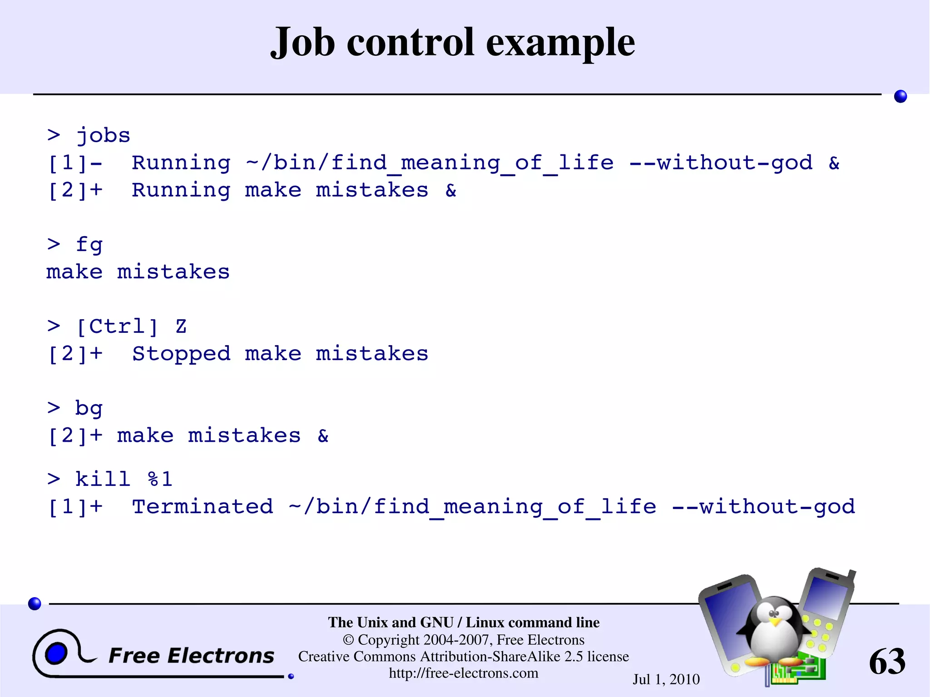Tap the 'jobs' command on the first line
coord(103,136)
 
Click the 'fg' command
coord(89,245)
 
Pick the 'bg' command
coord(89,409)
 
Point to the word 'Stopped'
coord(181,354)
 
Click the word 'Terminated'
coord(203,507)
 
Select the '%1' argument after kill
coord(160,479)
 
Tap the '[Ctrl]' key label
coord(117,327)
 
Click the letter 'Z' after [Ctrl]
coord(181,327)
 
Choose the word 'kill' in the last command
coord(103,479)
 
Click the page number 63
coord(887,662)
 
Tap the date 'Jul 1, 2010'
coord(666,679)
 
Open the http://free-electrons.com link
coord(463,673)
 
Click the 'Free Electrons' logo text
coord(191,656)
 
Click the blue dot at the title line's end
coord(900,96)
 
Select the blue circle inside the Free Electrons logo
coord(56,654)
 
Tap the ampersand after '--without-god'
coord(834,163)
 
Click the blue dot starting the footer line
coord(35,603)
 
